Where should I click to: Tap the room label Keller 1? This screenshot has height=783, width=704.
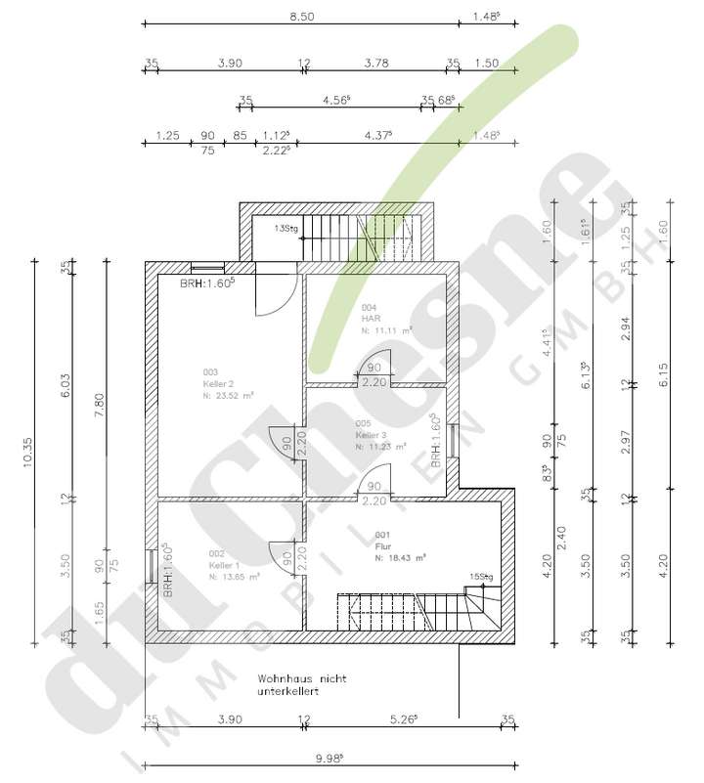224,565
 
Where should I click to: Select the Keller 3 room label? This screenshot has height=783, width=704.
373,434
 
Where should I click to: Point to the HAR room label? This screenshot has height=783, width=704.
370,319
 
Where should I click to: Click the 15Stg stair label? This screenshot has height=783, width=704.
479,577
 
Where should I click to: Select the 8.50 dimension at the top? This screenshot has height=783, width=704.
300,17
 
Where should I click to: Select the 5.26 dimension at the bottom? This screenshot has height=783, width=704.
403,720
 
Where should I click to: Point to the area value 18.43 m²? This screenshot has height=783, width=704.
403,559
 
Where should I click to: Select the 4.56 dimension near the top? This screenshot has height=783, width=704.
335,99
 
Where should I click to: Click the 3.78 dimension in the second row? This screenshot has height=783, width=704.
375,64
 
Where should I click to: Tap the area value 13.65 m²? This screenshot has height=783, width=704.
236,578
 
